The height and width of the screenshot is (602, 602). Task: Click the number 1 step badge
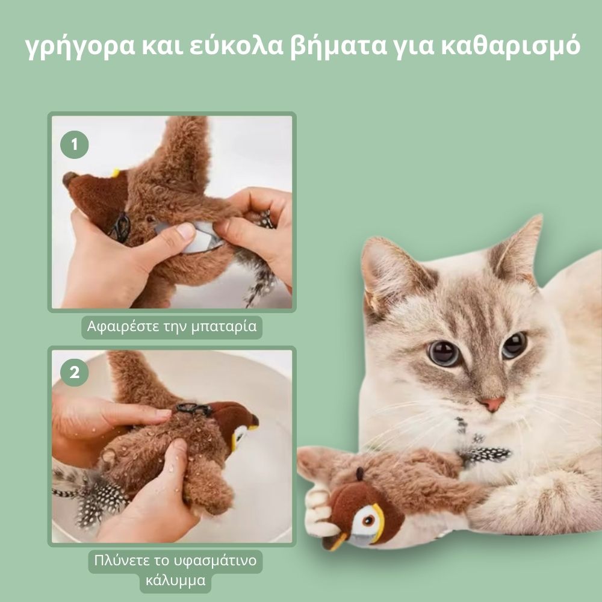[75, 145]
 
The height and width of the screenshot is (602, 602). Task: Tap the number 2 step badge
[75, 373]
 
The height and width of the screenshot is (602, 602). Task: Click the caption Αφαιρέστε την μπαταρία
[172, 327]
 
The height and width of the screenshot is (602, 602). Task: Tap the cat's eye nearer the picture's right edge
[514, 344]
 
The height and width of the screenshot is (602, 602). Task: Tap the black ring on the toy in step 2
[194, 409]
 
